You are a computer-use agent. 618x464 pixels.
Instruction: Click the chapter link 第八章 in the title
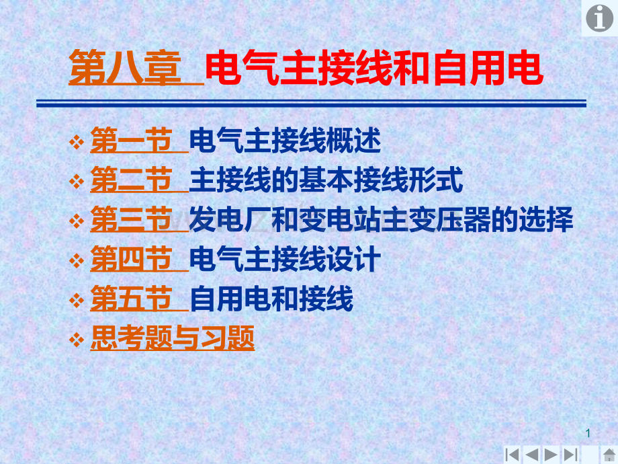[126, 68]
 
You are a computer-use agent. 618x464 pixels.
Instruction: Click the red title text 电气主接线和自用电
[374, 68]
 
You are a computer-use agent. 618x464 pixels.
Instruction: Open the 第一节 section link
[131, 141]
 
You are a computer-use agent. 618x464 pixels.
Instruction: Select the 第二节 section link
[131, 180]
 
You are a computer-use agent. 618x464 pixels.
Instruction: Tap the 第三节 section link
[131, 219]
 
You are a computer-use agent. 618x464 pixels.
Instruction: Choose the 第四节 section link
[131, 259]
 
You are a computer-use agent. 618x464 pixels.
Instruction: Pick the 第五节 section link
[131, 299]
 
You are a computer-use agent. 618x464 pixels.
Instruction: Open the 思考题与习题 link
[172, 338]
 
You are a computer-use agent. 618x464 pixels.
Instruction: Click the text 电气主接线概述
[285, 141]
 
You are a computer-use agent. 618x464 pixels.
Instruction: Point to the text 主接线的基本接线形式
[326, 180]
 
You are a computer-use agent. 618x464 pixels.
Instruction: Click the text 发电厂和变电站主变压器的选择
[381, 219]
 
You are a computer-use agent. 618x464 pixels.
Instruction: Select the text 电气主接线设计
[285, 259]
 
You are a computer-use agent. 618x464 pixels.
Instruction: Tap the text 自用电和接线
[271, 299]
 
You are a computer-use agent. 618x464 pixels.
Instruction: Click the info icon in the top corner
[599, 18]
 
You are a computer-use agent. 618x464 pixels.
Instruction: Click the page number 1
[588, 433]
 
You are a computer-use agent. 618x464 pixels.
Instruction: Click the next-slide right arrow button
[550, 455]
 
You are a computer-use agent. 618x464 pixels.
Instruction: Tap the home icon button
[609, 455]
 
